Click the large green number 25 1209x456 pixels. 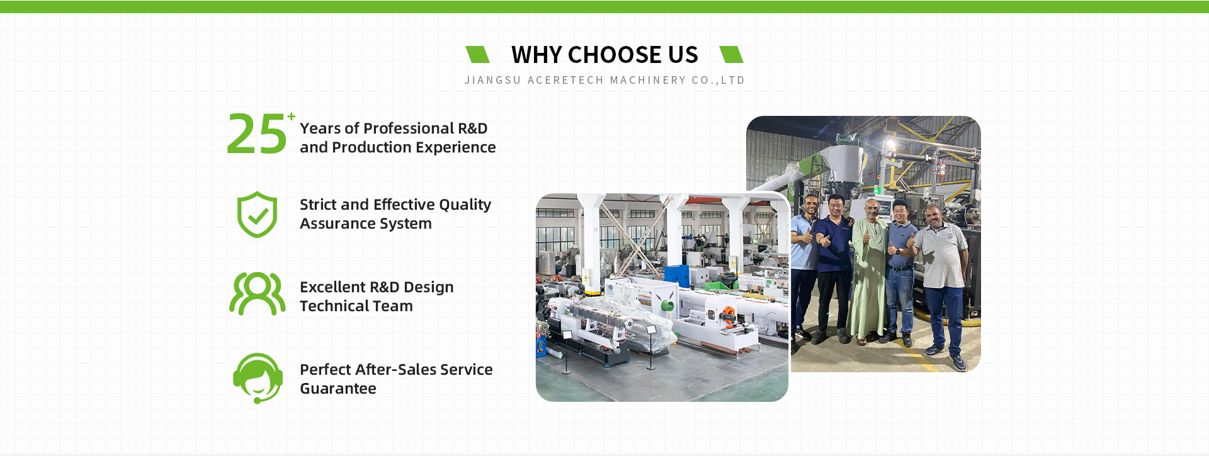pyautogui.click(x=256, y=134)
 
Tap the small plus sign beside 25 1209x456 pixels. pyautogui.click(x=292, y=117)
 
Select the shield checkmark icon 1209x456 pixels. pyautogui.click(x=257, y=215)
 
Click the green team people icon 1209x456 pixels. pyautogui.click(x=257, y=294)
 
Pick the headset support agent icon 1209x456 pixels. pyautogui.click(x=258, y=378)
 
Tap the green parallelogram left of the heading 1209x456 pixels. pyautogui.click(x=477, y=55)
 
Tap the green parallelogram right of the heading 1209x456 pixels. pyautogui.click(x=731, y=55)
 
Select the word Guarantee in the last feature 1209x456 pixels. pyautogui.click(x=338, y=389)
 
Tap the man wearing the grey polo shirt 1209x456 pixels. pyautogui.click(x=941, y=283)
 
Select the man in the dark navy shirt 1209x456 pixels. pyautogui.click(x=835, y=265)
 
